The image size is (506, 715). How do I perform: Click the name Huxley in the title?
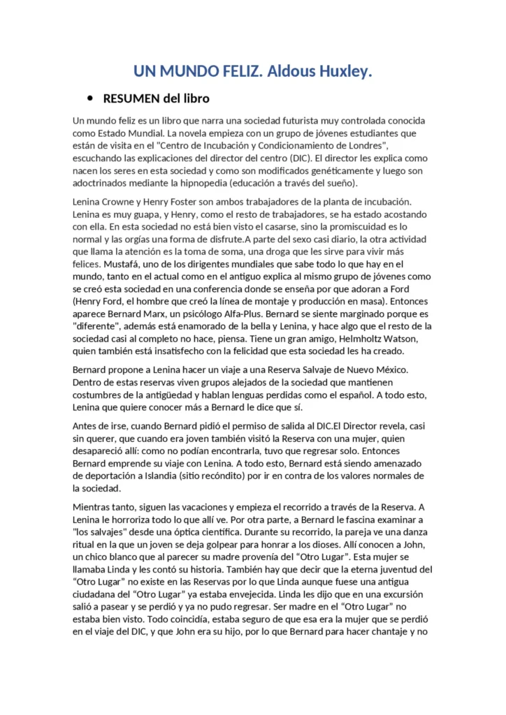point(342,71)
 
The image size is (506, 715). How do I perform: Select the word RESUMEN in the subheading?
point(131,98)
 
